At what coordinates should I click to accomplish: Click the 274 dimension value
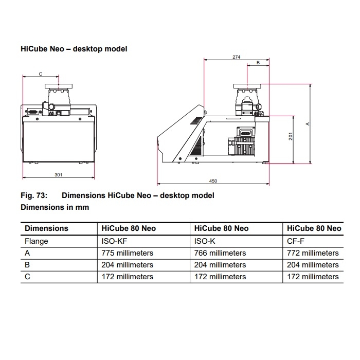coord(236,57)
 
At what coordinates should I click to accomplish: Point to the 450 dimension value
coord(213,181)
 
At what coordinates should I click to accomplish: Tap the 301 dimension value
coord(58,175)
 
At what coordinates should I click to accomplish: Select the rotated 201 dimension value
coord(291,137)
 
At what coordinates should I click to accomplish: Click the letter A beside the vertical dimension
coord(307,124)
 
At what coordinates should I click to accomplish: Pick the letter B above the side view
coord(258,63)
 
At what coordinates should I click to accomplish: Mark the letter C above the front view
coord(41,74)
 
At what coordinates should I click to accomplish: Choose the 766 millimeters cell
coord(220,253)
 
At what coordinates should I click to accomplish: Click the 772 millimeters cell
coord(313,253)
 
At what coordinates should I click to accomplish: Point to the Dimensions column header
coord(46,228)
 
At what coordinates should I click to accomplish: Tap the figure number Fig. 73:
coord(34,195)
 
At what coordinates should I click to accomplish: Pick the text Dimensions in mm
coord(55,207)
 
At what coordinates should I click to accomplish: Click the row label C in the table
coord(28,277)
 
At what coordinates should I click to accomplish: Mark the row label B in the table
coord(28,265)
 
